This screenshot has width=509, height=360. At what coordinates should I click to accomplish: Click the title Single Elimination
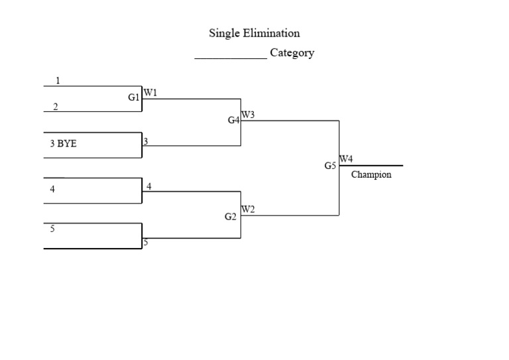click(x=254, y=33)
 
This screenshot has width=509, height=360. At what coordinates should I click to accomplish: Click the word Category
click(x=292, y=53)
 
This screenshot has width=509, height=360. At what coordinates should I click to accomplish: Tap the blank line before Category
click(x=230, y=58)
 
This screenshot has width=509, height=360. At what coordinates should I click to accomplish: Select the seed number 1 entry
click(x=58, y=81)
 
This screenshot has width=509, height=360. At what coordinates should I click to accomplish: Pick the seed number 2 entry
click(x=56, y=106)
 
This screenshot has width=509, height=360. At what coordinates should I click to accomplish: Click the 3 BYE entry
click(x=64, y=143)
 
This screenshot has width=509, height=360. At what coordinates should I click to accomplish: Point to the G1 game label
click(x=134, y=97)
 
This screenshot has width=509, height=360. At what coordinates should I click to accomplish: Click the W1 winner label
click(x=150, y=93)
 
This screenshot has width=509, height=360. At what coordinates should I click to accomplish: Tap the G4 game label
click(x=233, y=120)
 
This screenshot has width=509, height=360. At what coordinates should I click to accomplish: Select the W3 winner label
click(x=248, y=115)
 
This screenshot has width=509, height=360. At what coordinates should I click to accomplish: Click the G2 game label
click(x=231, y=217)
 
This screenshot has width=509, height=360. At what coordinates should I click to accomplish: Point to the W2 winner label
click(x=248, y=210)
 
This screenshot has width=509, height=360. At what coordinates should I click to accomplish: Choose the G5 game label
click(x=331, y=166)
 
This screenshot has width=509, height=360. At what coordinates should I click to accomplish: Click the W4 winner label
click(x=346, y=159)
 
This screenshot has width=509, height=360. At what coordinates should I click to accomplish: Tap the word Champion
click(x=371, y=175)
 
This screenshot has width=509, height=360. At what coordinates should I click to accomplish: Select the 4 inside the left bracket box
click(x=52, y=189)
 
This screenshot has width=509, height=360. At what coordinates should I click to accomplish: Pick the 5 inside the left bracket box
click(x=52, y=229)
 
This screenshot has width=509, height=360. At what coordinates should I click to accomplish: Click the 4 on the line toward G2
click(x=149, y=186)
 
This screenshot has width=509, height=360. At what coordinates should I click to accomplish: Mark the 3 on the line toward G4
click(x=146, y=141)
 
